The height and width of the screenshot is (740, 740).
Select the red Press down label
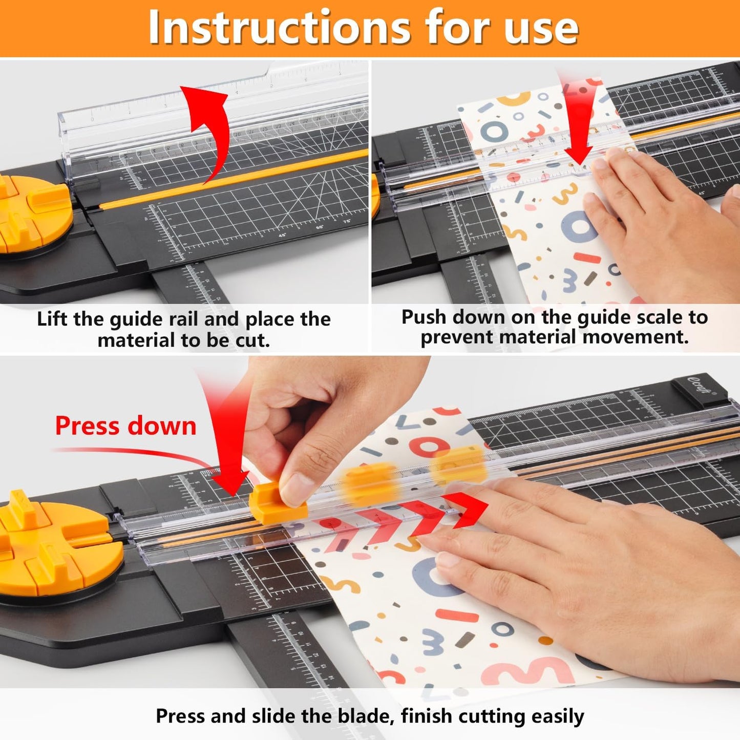(125, 426)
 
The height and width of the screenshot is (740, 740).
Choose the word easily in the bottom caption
(558, 716)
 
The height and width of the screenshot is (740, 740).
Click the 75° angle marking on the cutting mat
(346, 222)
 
